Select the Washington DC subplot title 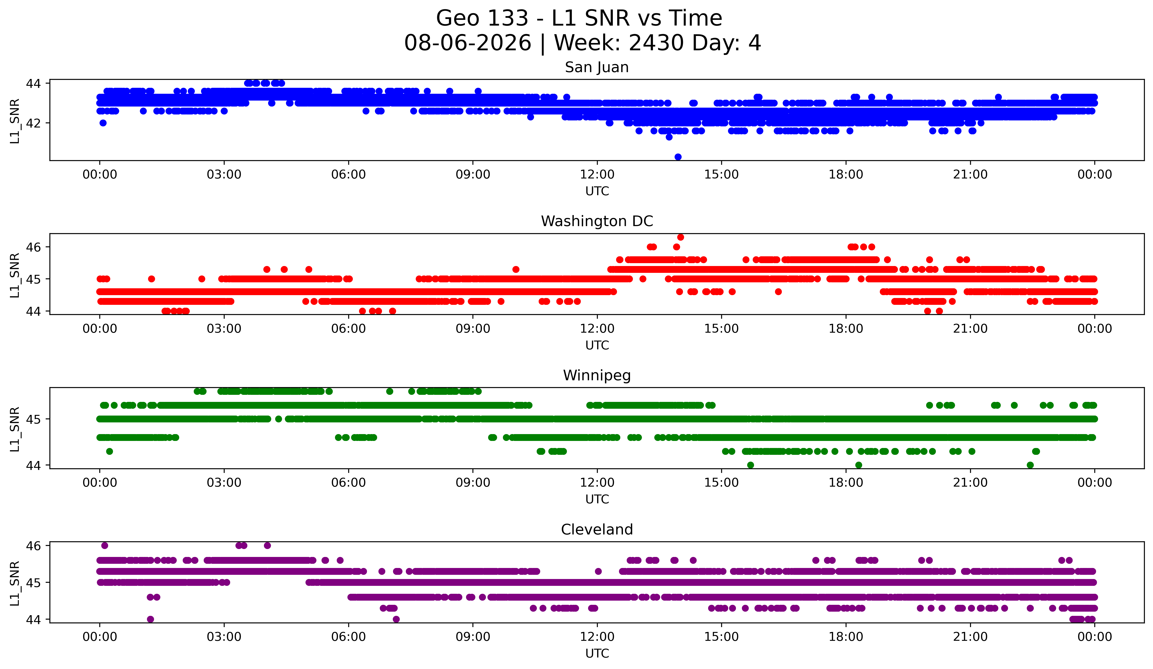(x=597, y=221)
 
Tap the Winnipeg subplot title (x=597, y=375)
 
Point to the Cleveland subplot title (x=597, y=530)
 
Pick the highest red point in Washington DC (x=680, y=237)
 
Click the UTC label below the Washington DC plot (x=597, y=345)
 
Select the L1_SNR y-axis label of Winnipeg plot (x=15, y=429)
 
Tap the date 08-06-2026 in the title (x=468, y=43)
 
